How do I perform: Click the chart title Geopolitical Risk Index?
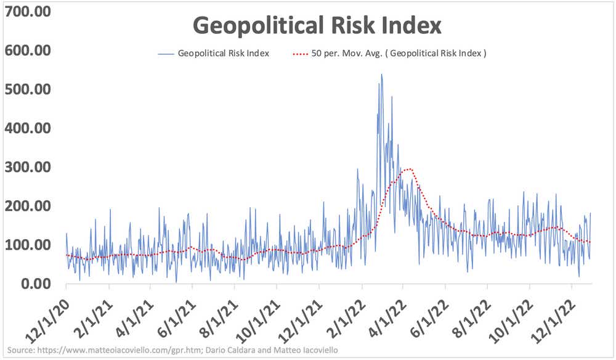[x=317, y=27]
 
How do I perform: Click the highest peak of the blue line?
[x=381, y=75]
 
